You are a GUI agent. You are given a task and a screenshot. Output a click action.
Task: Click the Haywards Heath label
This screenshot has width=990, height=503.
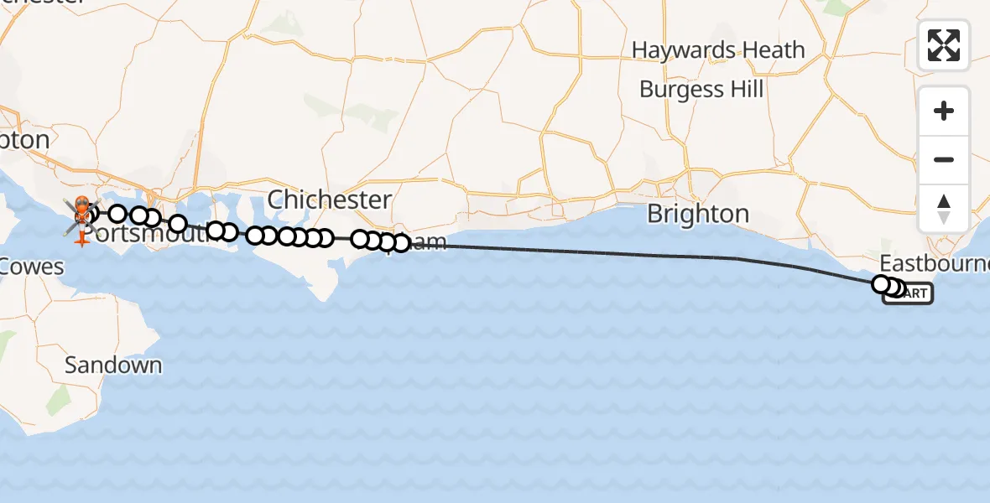pyautogui.click(x=717, y=50)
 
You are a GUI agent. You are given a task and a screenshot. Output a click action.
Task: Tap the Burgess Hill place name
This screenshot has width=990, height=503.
pyautogui.click(x=701, y=89)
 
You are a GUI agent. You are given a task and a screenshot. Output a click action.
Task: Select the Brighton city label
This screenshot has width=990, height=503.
pyautogui.click(x=698, y=214)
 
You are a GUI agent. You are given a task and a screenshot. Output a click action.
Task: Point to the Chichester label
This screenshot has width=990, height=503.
pyautogui.click(x=330, y=200)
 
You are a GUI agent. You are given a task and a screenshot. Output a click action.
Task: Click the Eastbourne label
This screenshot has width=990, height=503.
pyautogui.click(x=934, y=262)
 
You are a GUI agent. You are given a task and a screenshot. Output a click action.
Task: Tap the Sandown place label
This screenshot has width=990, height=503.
pyautogui.click(x=113, y=366)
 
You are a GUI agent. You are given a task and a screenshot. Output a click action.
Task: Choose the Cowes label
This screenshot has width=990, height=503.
pyautogui.click(x=32, y=267)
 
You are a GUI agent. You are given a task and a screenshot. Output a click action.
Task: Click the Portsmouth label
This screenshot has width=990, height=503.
pyautogui.click(x=151, y=234)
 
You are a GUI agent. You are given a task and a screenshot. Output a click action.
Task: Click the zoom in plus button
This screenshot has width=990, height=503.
pyautogui.click(x=944, y=111)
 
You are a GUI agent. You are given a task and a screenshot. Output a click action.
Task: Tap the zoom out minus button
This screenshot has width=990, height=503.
pyautogui.click(x=944, y=159)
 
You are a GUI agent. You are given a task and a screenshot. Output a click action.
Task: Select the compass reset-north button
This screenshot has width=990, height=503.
pyautogui.click(x=944, y=208)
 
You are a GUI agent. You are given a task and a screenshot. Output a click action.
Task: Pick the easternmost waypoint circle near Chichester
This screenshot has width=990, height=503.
pyautogui.click(x=401, y=244)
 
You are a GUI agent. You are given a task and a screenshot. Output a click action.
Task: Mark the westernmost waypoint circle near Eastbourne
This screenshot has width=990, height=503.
pyautogui.click(x=881, y=284)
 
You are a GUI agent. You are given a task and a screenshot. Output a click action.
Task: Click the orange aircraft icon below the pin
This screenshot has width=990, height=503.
pyautogui.click(x=81, y=240)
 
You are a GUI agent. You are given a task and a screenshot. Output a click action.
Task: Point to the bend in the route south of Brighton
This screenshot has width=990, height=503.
pyautogui.click(x=738, y=259)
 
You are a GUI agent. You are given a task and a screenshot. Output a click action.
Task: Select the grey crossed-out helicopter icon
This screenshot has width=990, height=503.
pyautogui.click(x=81, y=216)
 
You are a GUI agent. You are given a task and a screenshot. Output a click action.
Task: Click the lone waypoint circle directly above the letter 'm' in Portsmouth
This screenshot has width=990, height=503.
pyautogui.click(x=178, y=223)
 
